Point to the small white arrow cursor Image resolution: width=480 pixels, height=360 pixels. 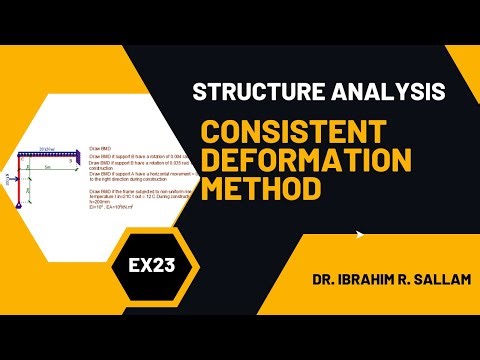pyautogui.click(x=359, y=237)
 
